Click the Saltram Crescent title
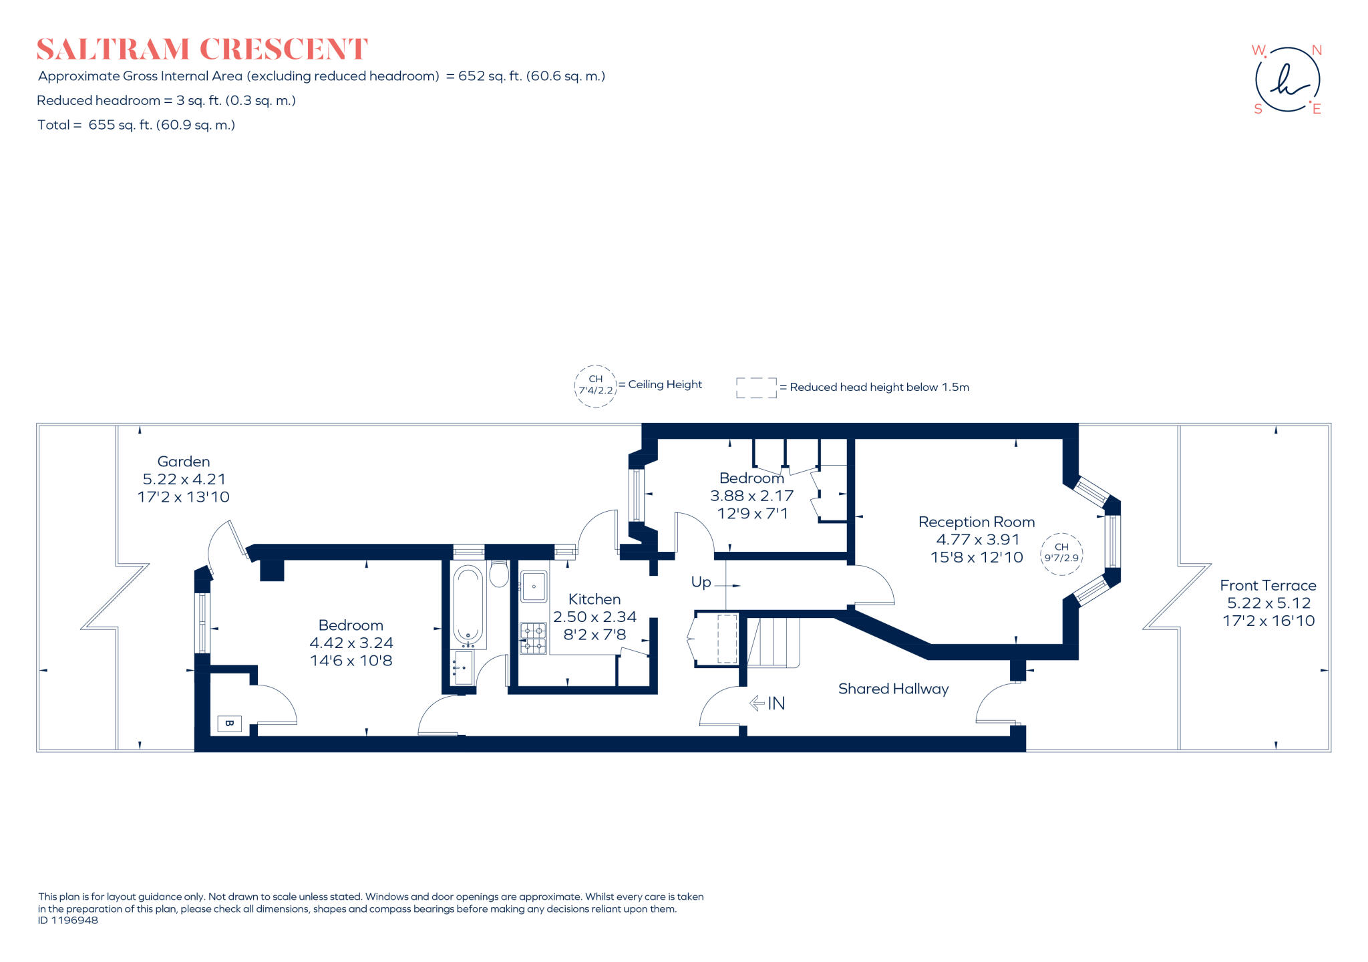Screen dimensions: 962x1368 (x=202, y=49)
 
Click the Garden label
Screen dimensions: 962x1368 (x=184, y=462)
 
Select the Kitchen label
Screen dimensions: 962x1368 (x=594, y=599)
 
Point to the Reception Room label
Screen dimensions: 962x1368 (x=976, y=522)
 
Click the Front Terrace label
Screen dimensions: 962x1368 (x=1268, y=585)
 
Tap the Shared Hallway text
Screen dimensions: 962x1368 (x=893, y=689)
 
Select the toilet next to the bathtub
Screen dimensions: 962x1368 (x=499, y=573)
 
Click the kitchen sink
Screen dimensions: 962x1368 (x=534, y=587)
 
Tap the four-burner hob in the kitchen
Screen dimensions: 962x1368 (x=533, y=638)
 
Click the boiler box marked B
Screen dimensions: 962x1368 (x=229, y=724)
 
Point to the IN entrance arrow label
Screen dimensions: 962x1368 (x=767, y=703)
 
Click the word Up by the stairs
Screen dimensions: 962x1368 (x=701, y=582)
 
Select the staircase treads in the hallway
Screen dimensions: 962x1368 (x=774, y=642)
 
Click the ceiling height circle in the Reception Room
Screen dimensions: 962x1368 (x=1061, y=553)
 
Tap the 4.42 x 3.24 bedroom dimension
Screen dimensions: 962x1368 (x=351, y=643)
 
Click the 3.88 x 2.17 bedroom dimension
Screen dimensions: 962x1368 (x=751, y=496)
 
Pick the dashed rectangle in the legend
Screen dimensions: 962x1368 (x=756, y=387)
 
